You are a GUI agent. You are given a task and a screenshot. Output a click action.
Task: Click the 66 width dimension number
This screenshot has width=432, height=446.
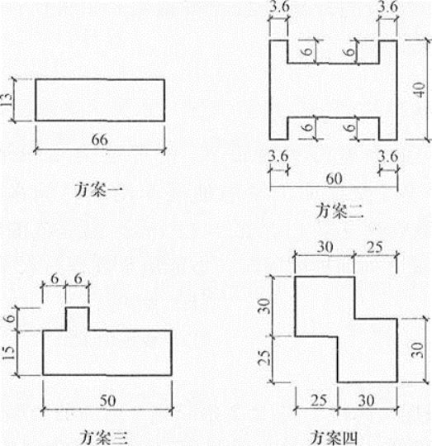100,140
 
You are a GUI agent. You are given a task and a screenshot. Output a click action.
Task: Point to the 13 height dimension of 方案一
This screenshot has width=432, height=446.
7,100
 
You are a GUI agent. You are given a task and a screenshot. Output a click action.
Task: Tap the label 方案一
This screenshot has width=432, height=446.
98,190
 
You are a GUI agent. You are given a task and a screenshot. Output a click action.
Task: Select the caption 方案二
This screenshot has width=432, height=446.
339,211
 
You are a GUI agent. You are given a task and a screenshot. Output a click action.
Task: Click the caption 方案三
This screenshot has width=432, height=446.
103,438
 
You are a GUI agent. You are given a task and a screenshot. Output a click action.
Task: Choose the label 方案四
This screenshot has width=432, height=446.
333,438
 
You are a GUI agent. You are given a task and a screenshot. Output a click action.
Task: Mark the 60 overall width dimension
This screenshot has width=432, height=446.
334,178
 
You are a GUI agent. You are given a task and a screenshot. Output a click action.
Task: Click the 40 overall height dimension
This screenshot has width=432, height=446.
420,90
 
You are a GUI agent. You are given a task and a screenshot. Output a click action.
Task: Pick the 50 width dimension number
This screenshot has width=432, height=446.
107,401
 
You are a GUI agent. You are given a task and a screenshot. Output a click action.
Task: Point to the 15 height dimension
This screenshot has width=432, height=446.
8,353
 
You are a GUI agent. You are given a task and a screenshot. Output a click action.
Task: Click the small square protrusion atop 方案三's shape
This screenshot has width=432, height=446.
78,319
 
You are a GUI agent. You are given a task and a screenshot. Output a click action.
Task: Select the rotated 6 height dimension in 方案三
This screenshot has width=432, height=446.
10,318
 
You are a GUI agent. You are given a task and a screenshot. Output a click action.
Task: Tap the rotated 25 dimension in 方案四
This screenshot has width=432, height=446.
263,358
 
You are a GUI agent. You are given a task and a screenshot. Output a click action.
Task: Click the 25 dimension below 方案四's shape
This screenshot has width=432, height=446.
319,401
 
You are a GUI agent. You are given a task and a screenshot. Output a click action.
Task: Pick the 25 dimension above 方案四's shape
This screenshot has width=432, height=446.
374,247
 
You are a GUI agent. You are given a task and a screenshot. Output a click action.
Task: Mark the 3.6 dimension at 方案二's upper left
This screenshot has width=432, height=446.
279,7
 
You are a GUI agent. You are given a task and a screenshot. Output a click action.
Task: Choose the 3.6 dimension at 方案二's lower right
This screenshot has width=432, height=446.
388,156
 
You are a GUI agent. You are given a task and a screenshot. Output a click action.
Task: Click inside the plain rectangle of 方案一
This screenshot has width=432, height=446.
100,100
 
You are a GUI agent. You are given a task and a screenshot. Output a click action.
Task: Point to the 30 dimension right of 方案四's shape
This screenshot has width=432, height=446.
417,350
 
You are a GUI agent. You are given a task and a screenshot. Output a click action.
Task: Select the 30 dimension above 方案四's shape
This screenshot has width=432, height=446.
325,247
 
